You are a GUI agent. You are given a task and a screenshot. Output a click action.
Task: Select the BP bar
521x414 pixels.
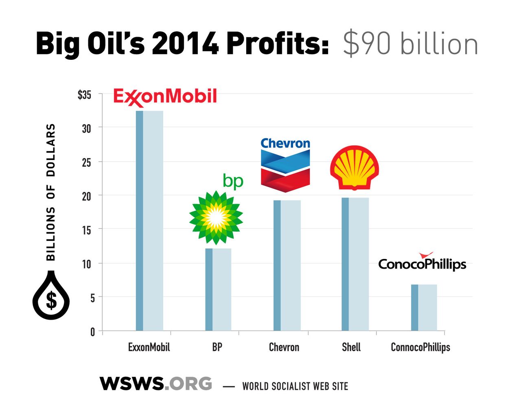pyautogui.click(x=218, y=289)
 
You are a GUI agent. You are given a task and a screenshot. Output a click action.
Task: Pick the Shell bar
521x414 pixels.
pyautogui.click(x=355, y=264)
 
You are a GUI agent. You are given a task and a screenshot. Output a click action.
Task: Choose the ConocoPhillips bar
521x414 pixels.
pyautogui.click(x=424, y=308)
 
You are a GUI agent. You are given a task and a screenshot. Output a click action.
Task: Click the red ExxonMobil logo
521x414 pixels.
pyautogui.click(x=165, y=97)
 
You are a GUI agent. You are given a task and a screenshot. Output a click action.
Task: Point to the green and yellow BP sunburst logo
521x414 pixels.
pyautogui.click(x=216, y=218)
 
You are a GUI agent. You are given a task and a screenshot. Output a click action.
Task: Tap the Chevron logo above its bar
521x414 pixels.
pyautogui.click(x=285, y=165)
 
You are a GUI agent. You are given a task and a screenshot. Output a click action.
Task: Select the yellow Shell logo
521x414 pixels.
pyautogui.click(x=355, y=168)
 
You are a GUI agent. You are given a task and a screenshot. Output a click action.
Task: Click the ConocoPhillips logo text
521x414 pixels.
pyautogui.click(x=422, y=263)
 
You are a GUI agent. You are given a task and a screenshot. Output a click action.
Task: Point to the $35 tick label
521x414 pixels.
pyautogui.click(x=84, y=95)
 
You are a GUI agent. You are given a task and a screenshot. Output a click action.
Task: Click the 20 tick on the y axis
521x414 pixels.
pyautogui.click(x=86, y=196)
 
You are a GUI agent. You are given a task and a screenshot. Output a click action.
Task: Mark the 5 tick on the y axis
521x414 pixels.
pyautogui.click(x=92, y=298)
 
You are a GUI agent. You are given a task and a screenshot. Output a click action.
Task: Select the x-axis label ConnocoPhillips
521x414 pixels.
pyautogui.click(x=420, y=347)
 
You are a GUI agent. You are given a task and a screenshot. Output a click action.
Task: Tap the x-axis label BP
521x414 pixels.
pyautogui.click(x=217, y=347)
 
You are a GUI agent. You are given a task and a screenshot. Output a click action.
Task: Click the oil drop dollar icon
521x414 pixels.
pyautogui.click(x=51, y=296)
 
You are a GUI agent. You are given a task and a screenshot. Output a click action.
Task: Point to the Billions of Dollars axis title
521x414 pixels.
pyautogui.click(x=50, y=192)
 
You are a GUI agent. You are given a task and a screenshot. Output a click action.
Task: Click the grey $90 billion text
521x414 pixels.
pyautogui.click(x=410, y=44)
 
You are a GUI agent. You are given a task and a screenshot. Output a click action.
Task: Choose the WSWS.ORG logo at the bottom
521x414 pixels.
pyautogui.click(x=156, y=384)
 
